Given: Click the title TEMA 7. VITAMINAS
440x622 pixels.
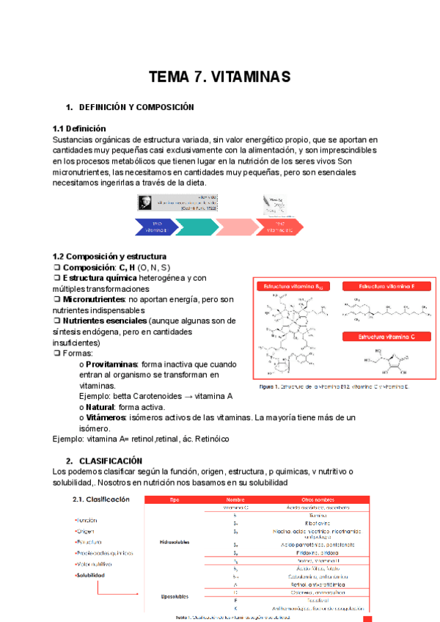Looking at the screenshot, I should pyautogui.click(x=220, y=77).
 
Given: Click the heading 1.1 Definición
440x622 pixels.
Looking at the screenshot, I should pyautogui.click(x=79, y=128).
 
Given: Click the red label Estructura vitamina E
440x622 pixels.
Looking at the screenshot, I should pyautogui.click(x=387, y=286).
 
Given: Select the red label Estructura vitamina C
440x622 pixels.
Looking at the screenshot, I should pyautogui.click(x=387, y=337).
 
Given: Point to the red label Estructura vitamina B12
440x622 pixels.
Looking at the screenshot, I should pyautogui.click(x=292, y=286).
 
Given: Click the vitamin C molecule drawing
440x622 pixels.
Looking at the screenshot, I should pyautogui.click(x=386, y=362).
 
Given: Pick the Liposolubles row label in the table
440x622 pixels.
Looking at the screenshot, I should pyautogui.click(x=175, y=596).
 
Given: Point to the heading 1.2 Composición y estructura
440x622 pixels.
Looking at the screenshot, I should pyautogui.click(x=109, y=256).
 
